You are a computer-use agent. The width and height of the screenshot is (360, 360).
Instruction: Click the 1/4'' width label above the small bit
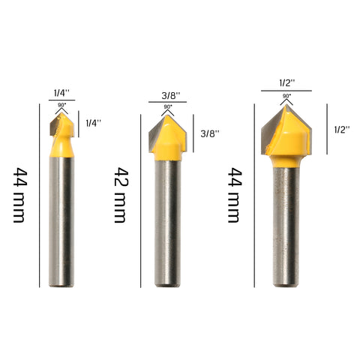pyautogui.click(x=60, y=93)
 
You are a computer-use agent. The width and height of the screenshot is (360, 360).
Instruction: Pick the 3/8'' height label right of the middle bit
pyautogui.click(x=210, y=133)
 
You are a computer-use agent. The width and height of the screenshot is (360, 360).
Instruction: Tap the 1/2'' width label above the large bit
pyautogui.click(x=286, y=83)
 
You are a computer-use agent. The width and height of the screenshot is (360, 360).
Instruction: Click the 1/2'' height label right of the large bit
pyautogui.click(x=342, y=129)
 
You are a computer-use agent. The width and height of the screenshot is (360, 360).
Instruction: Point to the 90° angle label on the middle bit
pyautogui.click(x=167, y=106)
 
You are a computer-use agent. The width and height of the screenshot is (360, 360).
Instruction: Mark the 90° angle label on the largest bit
pyautogui.click(x=286, y=96)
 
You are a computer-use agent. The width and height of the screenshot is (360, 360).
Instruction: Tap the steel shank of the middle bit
pyautogui.click(x=167, y=225)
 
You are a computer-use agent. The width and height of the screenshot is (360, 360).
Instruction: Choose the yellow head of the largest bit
pyautogui.click(x=286, y=139)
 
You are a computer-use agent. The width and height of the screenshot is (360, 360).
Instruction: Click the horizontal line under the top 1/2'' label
pyautogui.click(x=286, y=91)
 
